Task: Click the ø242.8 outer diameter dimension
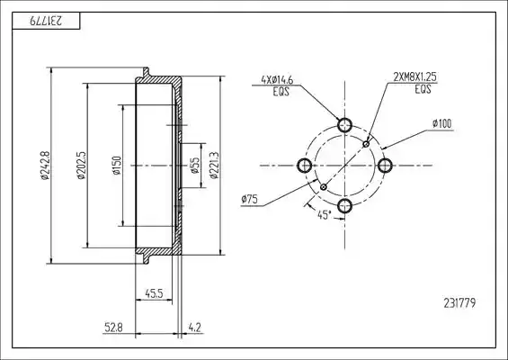(45, 165)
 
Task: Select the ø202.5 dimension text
(81, 165)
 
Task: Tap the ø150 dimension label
(117, 166)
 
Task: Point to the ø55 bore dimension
(195, 166)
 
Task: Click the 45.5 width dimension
(154, 293)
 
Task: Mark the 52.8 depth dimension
(113, 328)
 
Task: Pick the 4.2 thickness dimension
(195, 328)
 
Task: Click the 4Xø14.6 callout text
(277, 80)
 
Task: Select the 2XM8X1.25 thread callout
(415, 76)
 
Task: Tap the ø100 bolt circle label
(441, 123)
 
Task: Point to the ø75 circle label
(249, 199)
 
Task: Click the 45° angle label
(325, 215)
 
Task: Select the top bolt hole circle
(344, 125)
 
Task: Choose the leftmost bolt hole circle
(305, 166)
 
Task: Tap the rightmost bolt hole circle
(385, 166)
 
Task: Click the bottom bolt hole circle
(344, 205)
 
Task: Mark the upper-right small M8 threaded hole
(366, 144)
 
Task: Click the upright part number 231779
(459, 303)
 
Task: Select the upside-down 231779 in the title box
(46, 21)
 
